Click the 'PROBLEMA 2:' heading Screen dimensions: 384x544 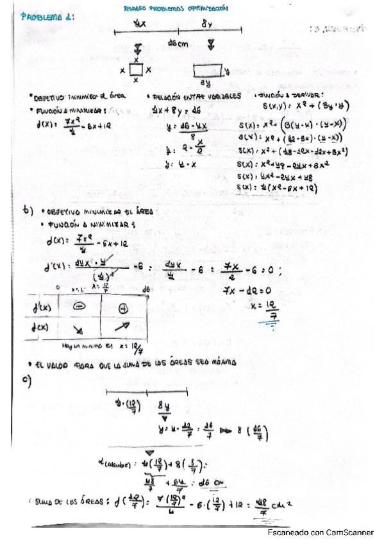pyautogui.click(x=48, y=19)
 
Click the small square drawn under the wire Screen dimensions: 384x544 pyautogui.click(x=135, y=69)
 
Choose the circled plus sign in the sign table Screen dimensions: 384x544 pyautogui.click(x=122, y=308)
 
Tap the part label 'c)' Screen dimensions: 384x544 pyautogui.click(x=27, y=379)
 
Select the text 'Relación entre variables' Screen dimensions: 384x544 pyautogui.click(x=195, y=96)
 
